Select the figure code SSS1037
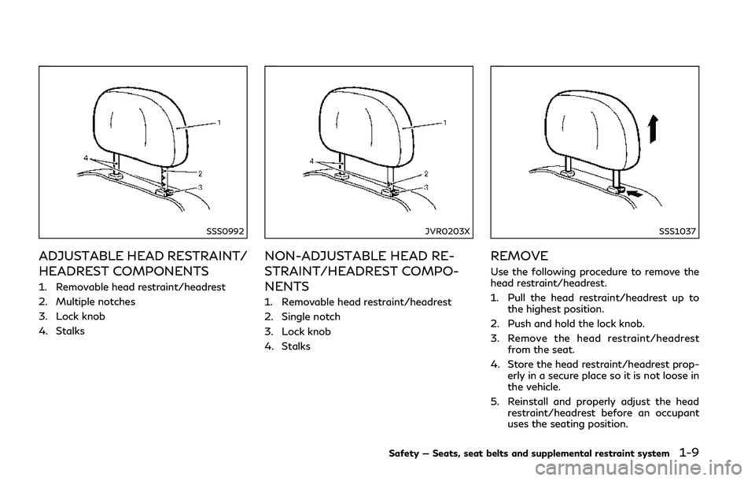677,231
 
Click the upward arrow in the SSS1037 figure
653,129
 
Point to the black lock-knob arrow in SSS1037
635,194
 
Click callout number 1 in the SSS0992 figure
219,123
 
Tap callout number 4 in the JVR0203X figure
311,161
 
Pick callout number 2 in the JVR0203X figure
425,173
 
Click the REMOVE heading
519,255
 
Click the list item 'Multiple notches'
95,302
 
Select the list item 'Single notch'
311,316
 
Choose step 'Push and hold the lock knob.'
576,324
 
